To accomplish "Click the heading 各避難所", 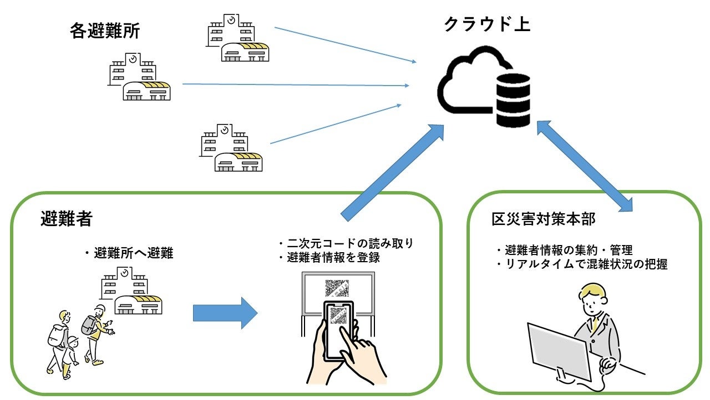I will click(105, 31).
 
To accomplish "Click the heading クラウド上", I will click(487, 24).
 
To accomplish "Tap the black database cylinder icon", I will click(513, 99).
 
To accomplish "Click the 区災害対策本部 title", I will click(543, 219).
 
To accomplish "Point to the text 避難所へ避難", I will click(133, 254).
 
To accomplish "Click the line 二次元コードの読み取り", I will click(350, 243).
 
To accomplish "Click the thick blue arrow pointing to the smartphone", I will click(225, 313).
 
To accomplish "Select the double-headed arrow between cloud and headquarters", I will click(585, 166).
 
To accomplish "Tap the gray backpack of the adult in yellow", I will click(88, 326).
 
